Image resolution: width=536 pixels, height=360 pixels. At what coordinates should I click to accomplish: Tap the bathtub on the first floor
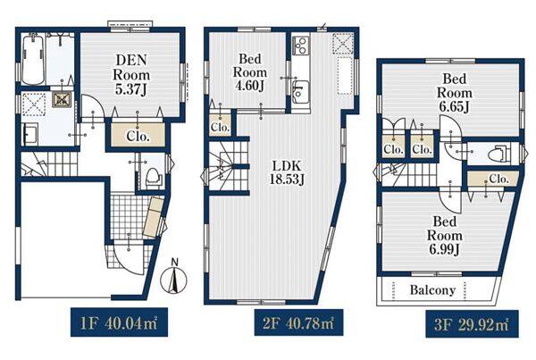33,60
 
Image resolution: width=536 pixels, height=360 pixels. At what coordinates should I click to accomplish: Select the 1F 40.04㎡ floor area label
120,322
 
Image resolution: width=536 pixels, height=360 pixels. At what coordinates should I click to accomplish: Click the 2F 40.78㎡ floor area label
298,322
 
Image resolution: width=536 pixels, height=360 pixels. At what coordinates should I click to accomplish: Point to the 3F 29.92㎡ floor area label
472,324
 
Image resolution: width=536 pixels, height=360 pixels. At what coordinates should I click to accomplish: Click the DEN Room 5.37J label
131,74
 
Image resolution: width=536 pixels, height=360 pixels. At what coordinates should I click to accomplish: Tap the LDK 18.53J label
287,172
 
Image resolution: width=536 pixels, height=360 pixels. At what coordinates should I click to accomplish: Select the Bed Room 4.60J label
250,72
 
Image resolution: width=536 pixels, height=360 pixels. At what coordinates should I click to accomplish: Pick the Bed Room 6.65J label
455,93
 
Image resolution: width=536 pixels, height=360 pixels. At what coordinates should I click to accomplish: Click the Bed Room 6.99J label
445,235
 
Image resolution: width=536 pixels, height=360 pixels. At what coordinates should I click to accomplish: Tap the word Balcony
432,290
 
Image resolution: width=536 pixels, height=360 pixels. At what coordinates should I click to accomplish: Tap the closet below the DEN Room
138,135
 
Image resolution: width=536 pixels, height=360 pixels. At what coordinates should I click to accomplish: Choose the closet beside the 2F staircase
220,124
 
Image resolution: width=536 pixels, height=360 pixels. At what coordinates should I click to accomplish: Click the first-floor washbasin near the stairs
30,134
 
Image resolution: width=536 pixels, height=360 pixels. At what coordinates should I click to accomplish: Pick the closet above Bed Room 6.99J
492,179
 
